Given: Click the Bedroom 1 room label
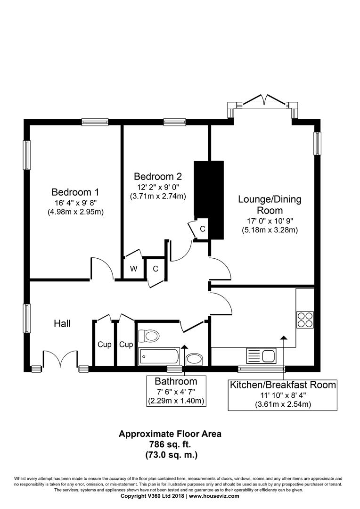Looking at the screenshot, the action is (x=75, y=192).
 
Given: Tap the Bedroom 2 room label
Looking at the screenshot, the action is (x=158, y=176).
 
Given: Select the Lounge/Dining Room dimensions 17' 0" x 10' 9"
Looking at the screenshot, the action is (x=270, y=221).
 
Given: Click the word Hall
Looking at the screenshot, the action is (x=62, y=323).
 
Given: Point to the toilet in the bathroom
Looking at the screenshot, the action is (x=148, y=336).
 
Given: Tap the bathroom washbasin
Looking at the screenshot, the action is (x=194, y=359).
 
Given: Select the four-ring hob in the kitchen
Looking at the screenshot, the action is (x=305, y=320).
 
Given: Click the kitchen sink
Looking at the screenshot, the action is (x=262, y=356).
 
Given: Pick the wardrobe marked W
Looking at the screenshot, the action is (x=133, y=269).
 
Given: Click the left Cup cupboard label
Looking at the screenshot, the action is (x=105, y=345).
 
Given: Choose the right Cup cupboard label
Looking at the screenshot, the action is (x=126, y=345).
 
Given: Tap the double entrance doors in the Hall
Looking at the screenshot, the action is (x=60, y=359).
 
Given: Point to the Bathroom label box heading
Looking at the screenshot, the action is (x=176, y=381).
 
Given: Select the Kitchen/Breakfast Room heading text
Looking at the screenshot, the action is (x=283, y=385).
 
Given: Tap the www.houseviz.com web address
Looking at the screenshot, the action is (x=214, y=496).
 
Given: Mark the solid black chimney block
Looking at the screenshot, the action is (x=209, y=200).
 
